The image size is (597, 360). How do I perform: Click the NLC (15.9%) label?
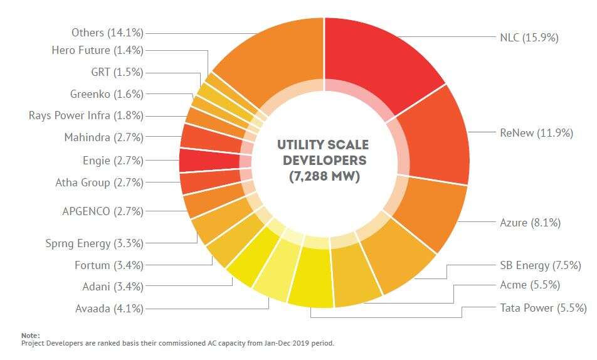pyautogui.click(x=529, y=38)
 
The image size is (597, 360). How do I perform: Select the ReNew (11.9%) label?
pyautogui.click(x=536, y=133)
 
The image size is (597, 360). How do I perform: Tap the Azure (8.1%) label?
pyautogui.click(x=530, y=222)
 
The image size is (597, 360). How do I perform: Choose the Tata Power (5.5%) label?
pyautogui.click(x=543, y=308)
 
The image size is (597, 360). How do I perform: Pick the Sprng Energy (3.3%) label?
pyautogui.click(x=94, y=243)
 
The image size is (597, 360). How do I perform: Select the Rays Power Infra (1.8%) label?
pyautogui.click(x=86, y=115)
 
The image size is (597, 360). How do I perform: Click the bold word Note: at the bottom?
pyautogui.click(x=29, y=336)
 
